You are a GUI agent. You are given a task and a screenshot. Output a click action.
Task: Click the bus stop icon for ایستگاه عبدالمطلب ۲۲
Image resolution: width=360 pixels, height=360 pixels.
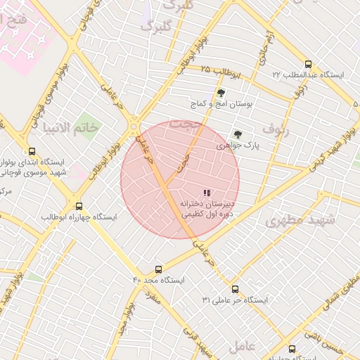point(308,63)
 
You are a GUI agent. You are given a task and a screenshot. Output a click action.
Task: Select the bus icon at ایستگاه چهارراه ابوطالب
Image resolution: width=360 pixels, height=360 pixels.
point(79,206)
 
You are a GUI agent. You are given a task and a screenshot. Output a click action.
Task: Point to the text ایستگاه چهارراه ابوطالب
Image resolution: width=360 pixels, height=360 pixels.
point(79,217)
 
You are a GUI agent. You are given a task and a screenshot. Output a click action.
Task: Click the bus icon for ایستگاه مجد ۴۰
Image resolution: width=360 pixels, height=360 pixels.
point(158,269)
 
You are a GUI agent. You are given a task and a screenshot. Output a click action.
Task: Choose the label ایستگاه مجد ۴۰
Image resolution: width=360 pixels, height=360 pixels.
point(158,280)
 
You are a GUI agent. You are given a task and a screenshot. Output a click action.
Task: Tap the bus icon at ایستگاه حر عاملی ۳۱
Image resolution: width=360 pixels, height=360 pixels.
point(235,288)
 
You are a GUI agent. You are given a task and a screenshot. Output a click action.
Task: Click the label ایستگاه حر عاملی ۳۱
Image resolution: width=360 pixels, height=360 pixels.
point(235,300)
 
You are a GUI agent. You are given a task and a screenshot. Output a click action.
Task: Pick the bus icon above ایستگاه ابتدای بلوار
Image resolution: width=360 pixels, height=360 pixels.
point(32,150)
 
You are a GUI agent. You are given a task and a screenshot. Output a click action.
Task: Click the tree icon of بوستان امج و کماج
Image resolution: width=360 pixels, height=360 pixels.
point(221,92)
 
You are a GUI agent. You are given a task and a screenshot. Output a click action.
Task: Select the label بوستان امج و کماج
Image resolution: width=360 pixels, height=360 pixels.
point(221,104)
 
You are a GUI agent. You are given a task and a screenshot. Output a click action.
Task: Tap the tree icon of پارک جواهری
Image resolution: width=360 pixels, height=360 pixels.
point(238,134)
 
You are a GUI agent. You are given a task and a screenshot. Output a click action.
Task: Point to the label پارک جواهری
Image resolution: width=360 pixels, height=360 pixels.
point(238,146)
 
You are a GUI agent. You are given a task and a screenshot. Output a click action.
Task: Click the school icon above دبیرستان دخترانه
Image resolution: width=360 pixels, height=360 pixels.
point(207,193)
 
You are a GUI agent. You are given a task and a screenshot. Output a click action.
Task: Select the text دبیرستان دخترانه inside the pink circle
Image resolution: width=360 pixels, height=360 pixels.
point(207,204)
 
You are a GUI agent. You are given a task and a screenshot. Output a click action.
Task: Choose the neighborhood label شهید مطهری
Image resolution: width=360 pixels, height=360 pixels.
point(301,220)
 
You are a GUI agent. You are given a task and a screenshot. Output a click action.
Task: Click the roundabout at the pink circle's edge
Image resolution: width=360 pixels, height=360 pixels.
point(133,127)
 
